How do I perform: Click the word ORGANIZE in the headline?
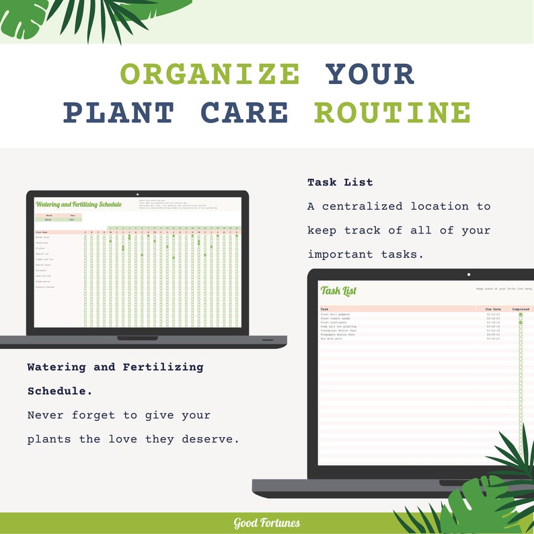[210, 73]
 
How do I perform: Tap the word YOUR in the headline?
[371, 73]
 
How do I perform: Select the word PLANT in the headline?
[119, 112]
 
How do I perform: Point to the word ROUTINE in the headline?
[392, 112]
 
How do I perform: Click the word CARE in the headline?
[244, 112]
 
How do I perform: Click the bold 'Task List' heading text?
[340, 182]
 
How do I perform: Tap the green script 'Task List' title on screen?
[338, 291]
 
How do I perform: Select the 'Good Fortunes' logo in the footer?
[267, 523]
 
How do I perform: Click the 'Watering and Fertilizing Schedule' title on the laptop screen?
[79, 204]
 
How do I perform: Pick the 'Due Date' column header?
[493, 309]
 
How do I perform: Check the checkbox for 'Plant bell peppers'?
[521, 314]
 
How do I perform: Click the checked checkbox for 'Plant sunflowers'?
[521, 323]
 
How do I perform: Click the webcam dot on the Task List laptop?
[469, 274]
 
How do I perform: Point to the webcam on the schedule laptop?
[137, 194]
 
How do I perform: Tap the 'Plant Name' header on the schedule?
[42, 232]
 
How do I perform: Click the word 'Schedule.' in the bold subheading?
[60, 391]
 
